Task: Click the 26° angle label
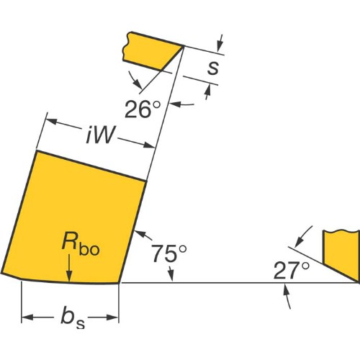click(x=143, y=109)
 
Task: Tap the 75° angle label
click(x=169, y=253)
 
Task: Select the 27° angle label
click(x=292, y=271)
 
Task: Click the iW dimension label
click(x=100, y=135)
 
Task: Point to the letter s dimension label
click(x=213, y=68)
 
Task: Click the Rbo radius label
click(x=81, y=243)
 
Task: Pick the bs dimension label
click(x=73, y=318)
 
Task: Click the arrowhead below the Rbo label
click(x=69, y=276)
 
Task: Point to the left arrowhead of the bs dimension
click(x=27, y=318)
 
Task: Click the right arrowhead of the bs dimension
click(x=112, y=318)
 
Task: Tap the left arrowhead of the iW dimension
click(x=52, y=121)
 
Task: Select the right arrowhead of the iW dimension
click(x=148, y=145)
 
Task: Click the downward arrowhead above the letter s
click(x=220, y=47)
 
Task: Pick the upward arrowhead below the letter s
click(x=208, y=91)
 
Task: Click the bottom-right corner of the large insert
click(x=119, y=283)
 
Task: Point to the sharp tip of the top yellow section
click(x=184, y=45)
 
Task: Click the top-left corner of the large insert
click(x=37, y=150)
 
